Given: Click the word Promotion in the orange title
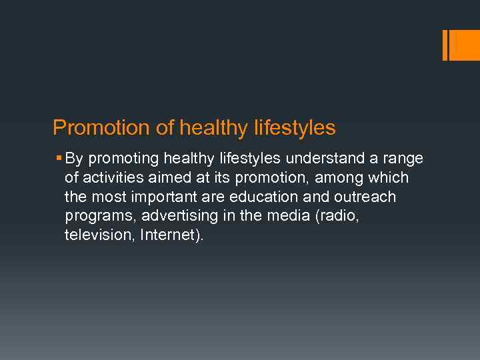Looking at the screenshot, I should click(92, 127).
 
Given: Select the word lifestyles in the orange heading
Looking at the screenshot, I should click(295, 127).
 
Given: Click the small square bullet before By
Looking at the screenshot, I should click(59, 159).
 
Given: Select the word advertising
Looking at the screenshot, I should click(168, 217).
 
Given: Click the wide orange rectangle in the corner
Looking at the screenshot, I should click(465, 45).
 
